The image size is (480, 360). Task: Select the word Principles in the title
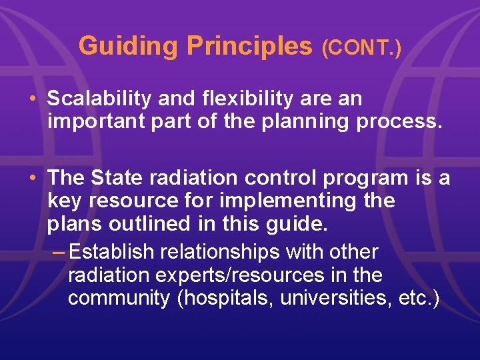249,46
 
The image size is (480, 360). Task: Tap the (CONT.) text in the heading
361,48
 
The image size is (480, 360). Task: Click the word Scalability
99,99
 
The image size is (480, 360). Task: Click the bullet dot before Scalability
33,99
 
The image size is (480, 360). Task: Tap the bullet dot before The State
33,178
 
